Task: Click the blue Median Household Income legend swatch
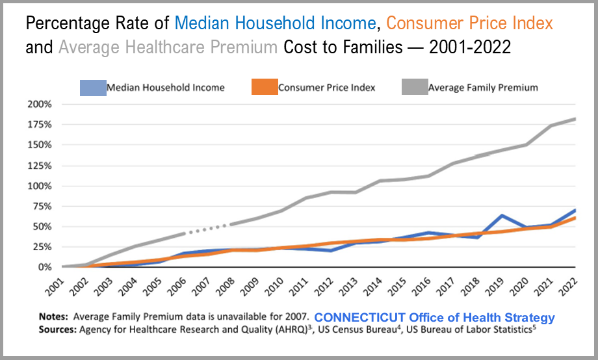click(92, 87)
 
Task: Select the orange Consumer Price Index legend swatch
click(264, 87)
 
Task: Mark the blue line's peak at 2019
click(502, 216)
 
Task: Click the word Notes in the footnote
click(55, 318)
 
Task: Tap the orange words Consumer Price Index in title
click(469, 24)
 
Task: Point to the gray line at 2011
click(306, 198)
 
